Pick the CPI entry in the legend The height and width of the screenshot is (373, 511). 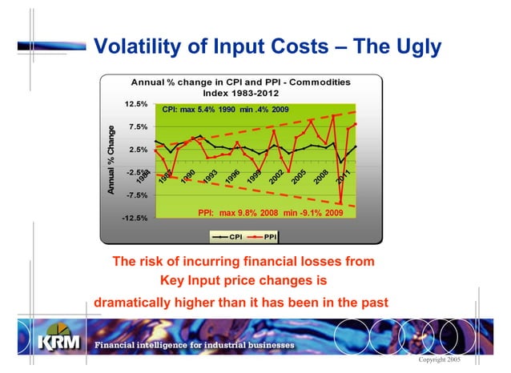229,236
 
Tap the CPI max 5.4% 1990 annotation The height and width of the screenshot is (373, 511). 225,109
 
